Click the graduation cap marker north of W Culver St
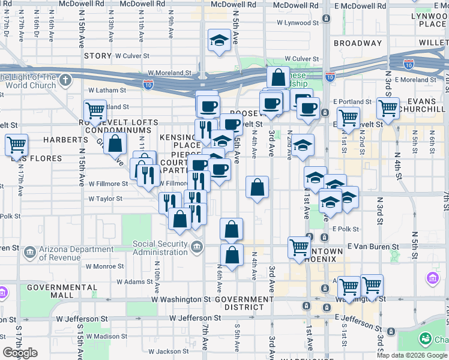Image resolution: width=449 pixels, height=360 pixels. click(x=219, y=41)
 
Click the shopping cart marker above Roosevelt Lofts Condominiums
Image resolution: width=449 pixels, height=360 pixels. click(x=95, y=111)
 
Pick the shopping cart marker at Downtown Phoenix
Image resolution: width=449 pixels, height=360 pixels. click(x=300, y=247)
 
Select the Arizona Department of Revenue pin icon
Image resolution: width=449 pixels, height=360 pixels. click(x=29, y=253)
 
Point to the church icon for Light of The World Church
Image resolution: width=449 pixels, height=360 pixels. click(x=65, y=80)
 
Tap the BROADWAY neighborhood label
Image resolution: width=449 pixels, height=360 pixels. click(x=358, y=43)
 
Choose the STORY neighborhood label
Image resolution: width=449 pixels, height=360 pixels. click(x=98, y=56)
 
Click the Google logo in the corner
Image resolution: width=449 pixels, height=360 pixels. click(x=20, y=353)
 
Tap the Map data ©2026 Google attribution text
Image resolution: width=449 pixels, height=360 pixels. click(x=412, y=355)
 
